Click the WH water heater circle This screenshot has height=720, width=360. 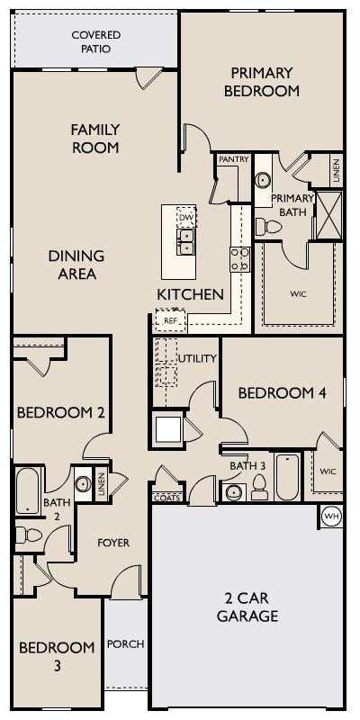pyautogui.click(x=332, y=517)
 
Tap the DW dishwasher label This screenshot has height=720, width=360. pyautogui.click(x=186, y=216)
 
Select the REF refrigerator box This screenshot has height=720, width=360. pyautogui.click(x=170, y=320)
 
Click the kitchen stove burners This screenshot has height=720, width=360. pyautogui.click(x=240, y=259)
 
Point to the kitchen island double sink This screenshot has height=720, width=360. pyautogui.click(x=186, y=241)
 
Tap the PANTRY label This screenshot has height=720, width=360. pyautogui.click(x=234, y=159)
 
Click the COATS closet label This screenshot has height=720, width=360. pyautogui.click(x=166, y=499)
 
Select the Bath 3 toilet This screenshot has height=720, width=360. pyautogui.click(x=260, y=487)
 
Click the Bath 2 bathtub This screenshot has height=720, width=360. pyautogui.click(x=28, y=490)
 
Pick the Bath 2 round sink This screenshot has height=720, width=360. pyautogui.click(x=83, y=483)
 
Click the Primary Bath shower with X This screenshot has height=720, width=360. pyautogui.click(x=329, y=215)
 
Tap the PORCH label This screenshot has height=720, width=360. pyautogui.click(x=126, y=644)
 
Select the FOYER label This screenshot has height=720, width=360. pyautogui.click(x=113, y=543)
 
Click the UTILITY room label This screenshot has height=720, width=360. pyautogui.click(x=197, y=358)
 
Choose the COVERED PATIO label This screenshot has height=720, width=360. pyautogui.click(x=96, y=41)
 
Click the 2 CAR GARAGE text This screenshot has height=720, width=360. pyautogui.click(x=247, y=607)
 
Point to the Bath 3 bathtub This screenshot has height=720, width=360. pyautogui.click(x=288, y=477)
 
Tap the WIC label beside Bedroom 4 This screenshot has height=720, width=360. pyautogui.click(x=328, y=472)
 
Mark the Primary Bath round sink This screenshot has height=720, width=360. pyautogui.click(x=263, y=180)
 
